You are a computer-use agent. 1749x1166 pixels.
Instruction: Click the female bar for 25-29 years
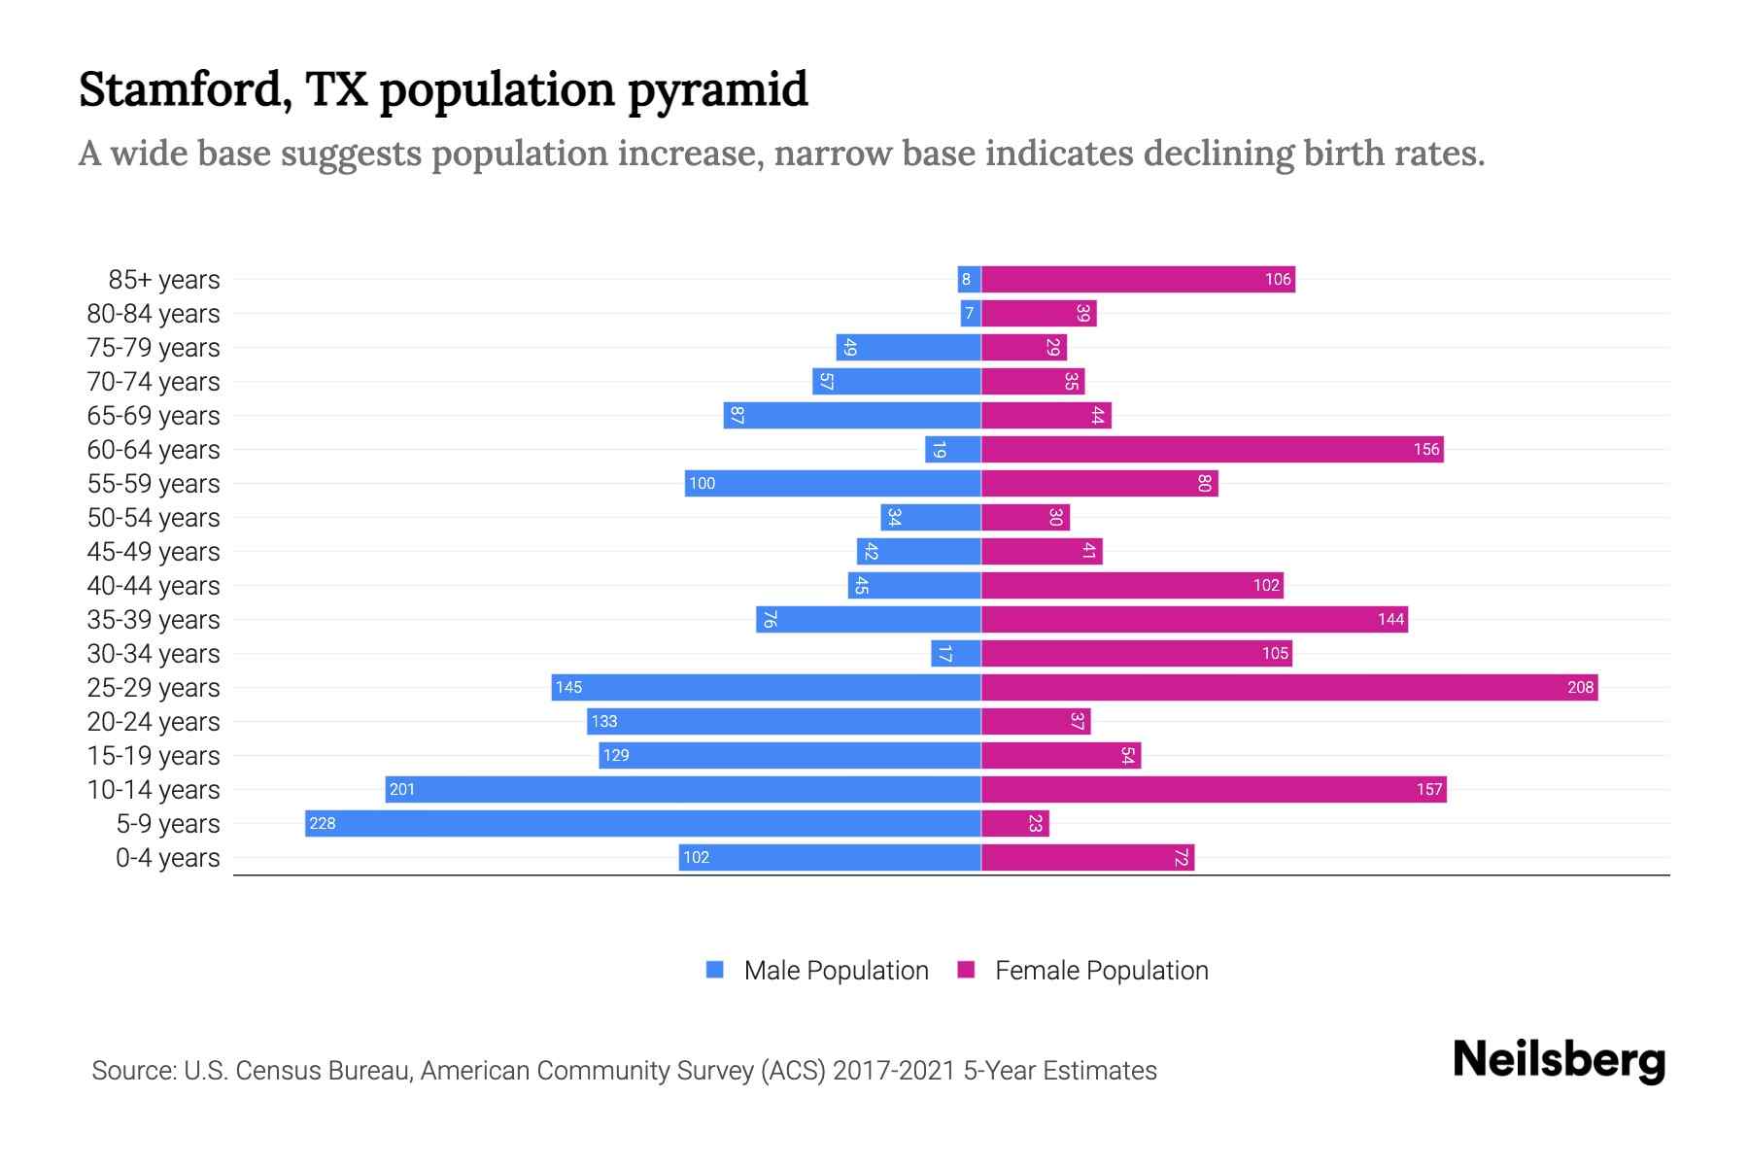(x=1289, y=688)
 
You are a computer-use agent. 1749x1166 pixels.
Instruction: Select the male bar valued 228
(x=642, y=824)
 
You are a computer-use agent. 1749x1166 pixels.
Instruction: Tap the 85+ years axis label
(x=163, y=280)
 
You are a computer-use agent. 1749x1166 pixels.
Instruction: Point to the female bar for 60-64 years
(x=1212, y=450)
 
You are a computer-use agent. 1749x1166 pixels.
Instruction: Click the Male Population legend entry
(x=817, y=971)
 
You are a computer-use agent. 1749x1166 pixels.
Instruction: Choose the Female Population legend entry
(x=1083, y=971)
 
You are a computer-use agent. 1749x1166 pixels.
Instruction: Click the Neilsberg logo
(x=1559, y=1060)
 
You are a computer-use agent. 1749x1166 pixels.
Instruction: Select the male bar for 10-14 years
(x=682, y=790)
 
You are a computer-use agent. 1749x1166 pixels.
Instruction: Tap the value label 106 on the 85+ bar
(x=1277, y=280)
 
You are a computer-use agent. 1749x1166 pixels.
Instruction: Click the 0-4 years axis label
(x=167, y=858)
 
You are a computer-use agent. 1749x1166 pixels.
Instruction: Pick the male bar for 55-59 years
(x=833, y=484)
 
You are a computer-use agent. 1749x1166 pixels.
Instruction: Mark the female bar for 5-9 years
(x=1014, y=824)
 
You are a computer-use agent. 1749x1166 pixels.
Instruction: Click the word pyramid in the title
(x=717, y=90)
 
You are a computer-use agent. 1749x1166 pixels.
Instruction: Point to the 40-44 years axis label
(x=154, y=586)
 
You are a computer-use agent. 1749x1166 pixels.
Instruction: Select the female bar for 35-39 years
(x=1194, y=620)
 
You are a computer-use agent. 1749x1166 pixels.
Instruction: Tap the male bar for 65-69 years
(x=852, y=416)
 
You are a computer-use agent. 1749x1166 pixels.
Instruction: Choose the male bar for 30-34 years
(x=955, y=654)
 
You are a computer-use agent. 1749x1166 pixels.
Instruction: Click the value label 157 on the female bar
(x=1428, y=790)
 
